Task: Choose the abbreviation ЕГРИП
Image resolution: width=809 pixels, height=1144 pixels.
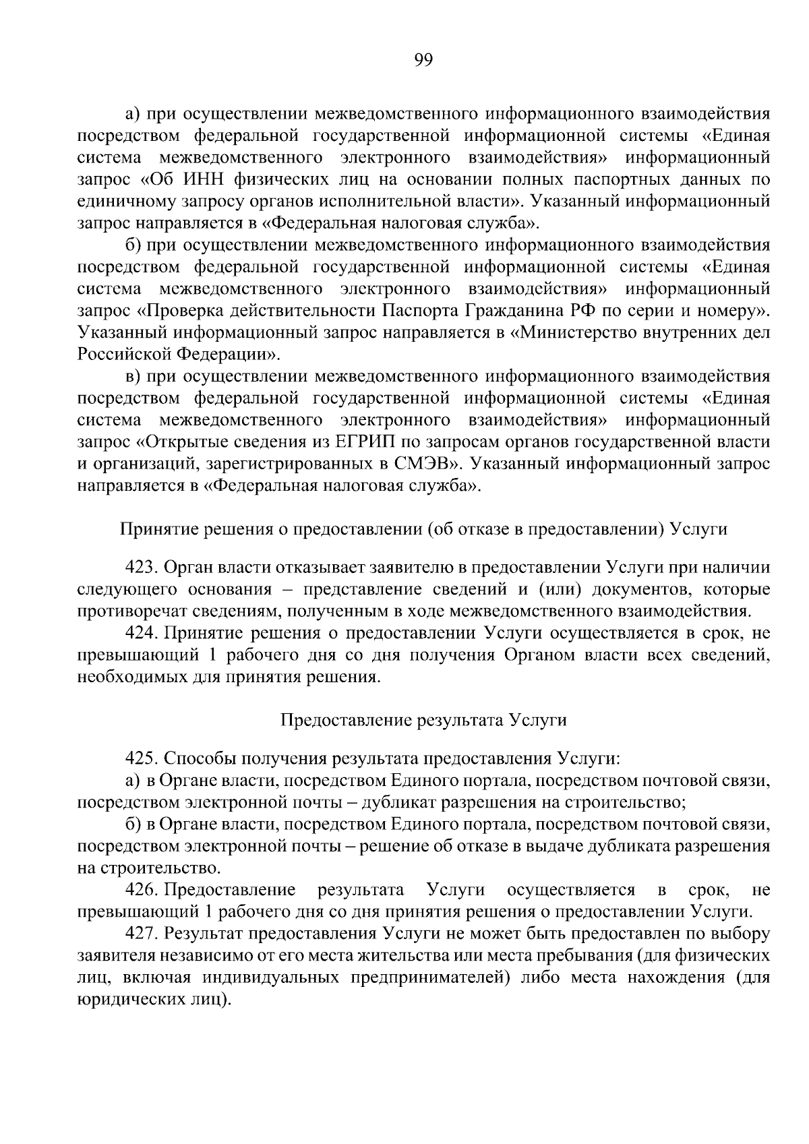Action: pos(359,442)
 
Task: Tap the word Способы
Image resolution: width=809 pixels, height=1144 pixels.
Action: pos(196,758)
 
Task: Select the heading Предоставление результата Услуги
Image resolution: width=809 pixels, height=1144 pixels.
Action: pos(423,720)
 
